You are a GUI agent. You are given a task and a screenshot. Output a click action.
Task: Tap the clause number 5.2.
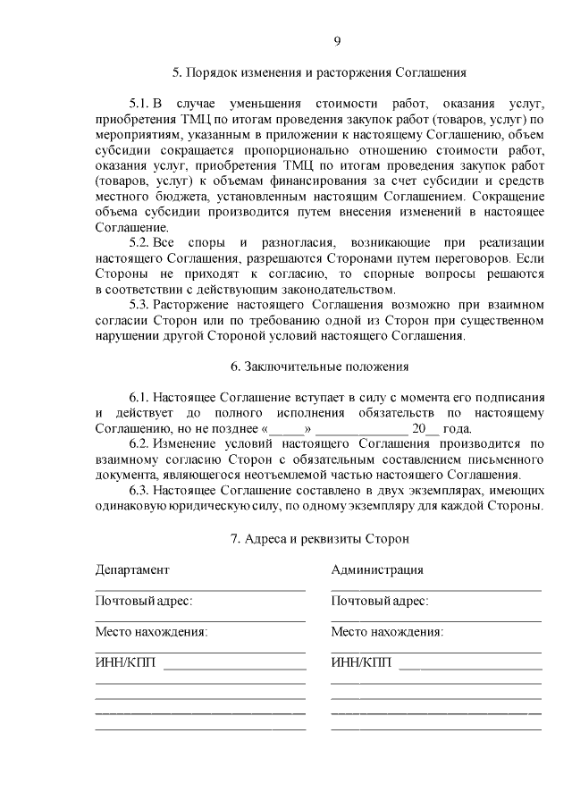139,243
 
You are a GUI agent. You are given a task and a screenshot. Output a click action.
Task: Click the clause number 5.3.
139,305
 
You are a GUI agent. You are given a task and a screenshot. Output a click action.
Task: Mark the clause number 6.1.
139,397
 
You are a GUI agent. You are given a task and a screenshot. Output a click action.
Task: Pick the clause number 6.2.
139,443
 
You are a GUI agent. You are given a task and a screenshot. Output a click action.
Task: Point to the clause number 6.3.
139,490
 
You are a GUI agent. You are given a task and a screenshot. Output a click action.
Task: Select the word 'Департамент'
131,570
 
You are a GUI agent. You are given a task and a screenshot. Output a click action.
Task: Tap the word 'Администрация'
377,570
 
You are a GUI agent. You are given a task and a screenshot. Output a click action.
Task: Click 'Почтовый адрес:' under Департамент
143,602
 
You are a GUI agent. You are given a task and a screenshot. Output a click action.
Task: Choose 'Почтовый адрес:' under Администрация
379,602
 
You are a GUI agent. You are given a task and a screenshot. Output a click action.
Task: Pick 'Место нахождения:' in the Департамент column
151,632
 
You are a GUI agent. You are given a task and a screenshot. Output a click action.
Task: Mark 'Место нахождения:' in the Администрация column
387,632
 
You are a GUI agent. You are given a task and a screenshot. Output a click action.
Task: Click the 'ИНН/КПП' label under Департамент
126,663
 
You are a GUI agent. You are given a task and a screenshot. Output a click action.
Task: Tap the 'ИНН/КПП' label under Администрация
361,663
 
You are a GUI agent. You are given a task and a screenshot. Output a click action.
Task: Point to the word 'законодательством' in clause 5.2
339,290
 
